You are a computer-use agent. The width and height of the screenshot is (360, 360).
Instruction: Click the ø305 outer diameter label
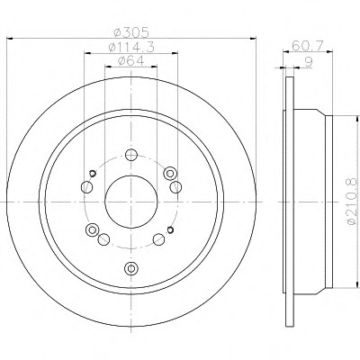[x=131, y=32]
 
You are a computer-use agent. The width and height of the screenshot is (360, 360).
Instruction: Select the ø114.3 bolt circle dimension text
[x=131, y=48]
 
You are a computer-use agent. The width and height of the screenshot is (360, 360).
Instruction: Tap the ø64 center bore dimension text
[x=131, y=61]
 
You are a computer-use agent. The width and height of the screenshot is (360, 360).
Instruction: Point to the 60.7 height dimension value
[x=308, y=46]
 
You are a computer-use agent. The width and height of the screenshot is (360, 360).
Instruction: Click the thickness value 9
[x=309, y=62]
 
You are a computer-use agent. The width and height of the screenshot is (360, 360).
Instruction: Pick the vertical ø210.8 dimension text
[x=352, y=201]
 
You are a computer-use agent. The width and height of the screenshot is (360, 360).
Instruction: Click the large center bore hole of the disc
[x=131, y=202]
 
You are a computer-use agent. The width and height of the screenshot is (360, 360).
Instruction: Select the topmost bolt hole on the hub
[x=131, y=155]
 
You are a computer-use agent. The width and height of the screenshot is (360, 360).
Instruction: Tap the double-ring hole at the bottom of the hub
[x=131, y=268]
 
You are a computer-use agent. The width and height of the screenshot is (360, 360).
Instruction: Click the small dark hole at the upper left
[x=93, y=173]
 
